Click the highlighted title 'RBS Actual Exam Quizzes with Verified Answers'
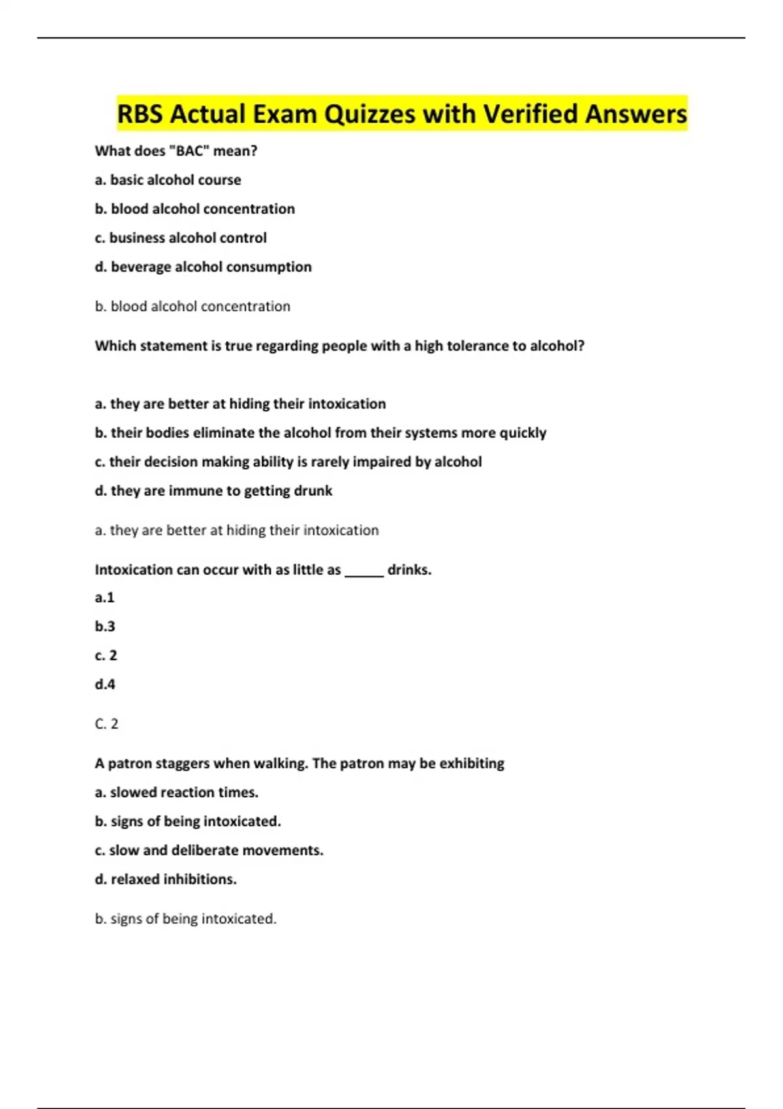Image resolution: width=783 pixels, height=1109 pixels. coord(401,114)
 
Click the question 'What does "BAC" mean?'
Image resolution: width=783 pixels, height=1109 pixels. coord(176,151)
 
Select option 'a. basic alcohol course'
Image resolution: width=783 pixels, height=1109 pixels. coord(168,180)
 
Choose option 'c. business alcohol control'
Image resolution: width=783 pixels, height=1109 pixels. coord(181,238)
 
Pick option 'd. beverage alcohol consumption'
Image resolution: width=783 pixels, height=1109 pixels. coord(203,267)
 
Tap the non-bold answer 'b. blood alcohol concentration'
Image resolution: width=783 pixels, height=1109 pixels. coord(192,307)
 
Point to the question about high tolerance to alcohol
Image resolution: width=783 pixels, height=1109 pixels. coord(339,346)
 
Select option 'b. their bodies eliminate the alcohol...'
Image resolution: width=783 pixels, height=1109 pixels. coord(320,433)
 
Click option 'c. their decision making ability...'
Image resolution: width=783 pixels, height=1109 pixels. coord(288,462)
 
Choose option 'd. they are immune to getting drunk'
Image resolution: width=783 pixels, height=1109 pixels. coord(213,491)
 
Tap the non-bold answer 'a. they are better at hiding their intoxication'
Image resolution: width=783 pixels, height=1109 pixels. coord(236,530)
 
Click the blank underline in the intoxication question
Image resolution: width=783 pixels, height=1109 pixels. coord(363,573)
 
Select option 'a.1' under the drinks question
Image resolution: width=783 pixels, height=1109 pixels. coord(104,598)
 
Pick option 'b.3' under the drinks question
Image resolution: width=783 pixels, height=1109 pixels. coord(104,627)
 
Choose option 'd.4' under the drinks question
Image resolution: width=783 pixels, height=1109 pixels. coord(104,684)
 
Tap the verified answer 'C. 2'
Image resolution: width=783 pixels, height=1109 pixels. coord(106,724)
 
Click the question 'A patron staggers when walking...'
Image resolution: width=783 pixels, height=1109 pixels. coord(299,764)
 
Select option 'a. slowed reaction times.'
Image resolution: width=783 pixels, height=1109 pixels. coord(176,793)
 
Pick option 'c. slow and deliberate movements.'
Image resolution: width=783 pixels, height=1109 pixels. coord(209,851)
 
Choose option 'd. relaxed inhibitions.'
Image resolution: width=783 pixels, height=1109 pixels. coord(166,879)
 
